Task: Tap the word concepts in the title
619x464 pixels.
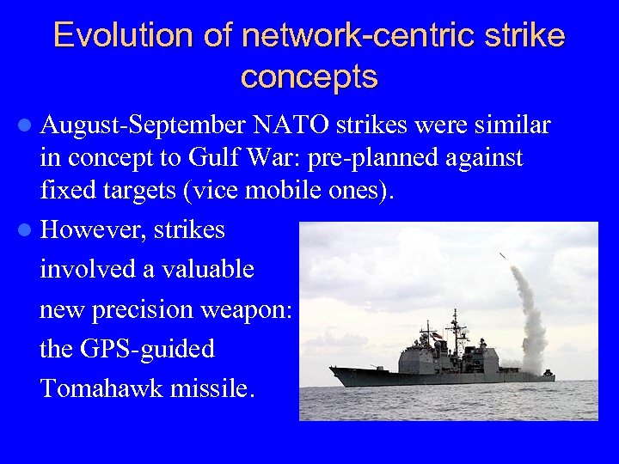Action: (x=309, y=77)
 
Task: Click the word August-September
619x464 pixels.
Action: (x=143, y=126)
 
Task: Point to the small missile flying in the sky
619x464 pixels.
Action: (x=502, y=255)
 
